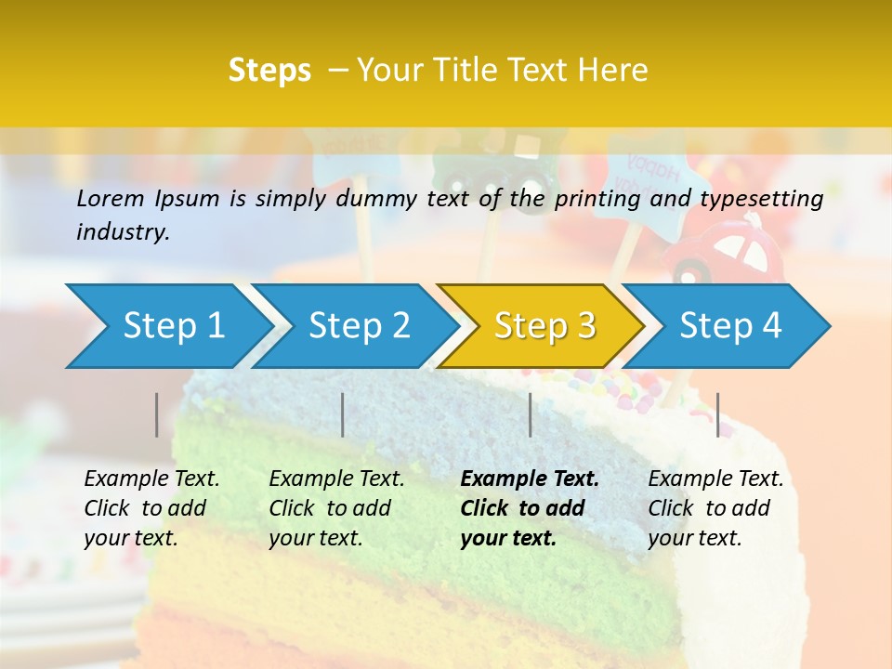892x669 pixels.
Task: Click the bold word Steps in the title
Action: (x=269, y=71)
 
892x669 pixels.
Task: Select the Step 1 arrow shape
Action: (x=172, y=326)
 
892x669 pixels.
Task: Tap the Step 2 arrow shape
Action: (x=359, y=326)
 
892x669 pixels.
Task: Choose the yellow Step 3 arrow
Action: (x=544, y=326)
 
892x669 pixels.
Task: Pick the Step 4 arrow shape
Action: (x=730, y=326)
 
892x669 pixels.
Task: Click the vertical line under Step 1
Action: (x=157, y=414)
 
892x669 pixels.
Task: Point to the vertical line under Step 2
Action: (x=343, y=414)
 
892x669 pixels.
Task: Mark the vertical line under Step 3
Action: (x=530, y=414)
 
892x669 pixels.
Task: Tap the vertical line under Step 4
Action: (x=717, y=414)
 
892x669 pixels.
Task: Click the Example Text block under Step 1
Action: (x=151, y=508)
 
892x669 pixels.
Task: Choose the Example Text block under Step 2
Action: (x=336, y=508)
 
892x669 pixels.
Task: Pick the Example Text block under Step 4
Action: (x=715, y=508)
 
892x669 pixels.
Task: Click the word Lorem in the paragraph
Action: (x=111, y=199)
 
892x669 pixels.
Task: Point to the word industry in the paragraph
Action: (x=123, y=232)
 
